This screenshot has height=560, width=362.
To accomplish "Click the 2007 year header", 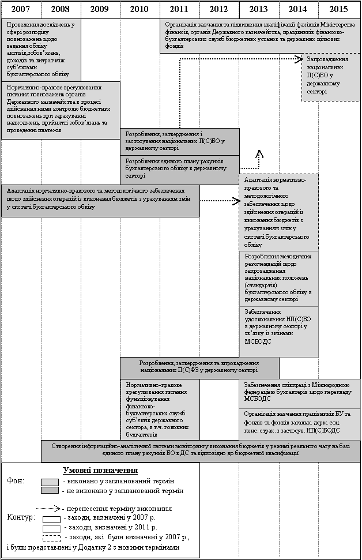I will click(21, 9).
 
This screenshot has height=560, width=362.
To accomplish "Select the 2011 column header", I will click(179, 9).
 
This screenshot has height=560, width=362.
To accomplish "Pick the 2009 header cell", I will click(100, 9).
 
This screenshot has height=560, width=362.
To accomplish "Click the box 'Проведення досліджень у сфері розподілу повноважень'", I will click(40, 50).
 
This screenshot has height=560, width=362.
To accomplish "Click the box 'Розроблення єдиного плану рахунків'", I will click(179, 168).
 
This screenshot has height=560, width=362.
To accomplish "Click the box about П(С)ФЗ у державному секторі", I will click(199, 367).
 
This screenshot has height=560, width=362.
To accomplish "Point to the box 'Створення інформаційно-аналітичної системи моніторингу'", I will click(201, 450).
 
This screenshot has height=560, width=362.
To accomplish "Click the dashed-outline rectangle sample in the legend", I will click(52, 538).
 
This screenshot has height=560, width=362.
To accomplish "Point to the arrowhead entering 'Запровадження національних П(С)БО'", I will click(297, 59).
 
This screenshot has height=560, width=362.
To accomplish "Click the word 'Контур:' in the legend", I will click(18, 517).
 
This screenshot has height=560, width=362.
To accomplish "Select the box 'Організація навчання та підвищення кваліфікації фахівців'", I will click(259, 36).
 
